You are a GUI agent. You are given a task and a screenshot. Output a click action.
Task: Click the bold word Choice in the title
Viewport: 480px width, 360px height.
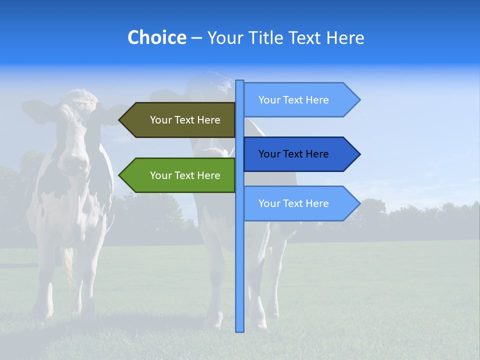[x=156, y=37]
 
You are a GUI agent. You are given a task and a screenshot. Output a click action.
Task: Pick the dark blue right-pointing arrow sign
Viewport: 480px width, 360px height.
[x=300, y=154]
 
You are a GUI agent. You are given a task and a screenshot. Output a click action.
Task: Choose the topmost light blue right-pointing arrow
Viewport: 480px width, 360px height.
[x=300, y=100]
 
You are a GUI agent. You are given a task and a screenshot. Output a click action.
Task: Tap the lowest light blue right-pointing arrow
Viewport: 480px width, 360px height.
[x=300, y=203]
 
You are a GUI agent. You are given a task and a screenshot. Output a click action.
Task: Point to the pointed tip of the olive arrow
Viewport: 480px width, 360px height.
[x=120, y=120]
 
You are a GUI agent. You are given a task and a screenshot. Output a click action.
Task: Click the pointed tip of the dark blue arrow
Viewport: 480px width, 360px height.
[x=359, y=154]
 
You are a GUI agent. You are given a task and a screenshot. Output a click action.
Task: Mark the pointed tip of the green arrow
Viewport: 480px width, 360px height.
[x=120, y=175]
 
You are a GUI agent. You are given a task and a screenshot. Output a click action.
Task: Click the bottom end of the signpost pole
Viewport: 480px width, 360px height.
[x=240, y=330]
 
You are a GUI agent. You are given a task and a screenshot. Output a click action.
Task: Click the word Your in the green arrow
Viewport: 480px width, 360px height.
[x=160, y=175]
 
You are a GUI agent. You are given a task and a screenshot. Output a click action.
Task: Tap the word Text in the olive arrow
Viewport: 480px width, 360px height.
[x=185, y=120]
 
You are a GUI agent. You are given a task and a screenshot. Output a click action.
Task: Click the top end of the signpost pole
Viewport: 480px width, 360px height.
[x=240, y=81]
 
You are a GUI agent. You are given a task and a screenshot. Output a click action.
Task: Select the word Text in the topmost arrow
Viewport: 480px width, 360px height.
[x=293, y=100]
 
